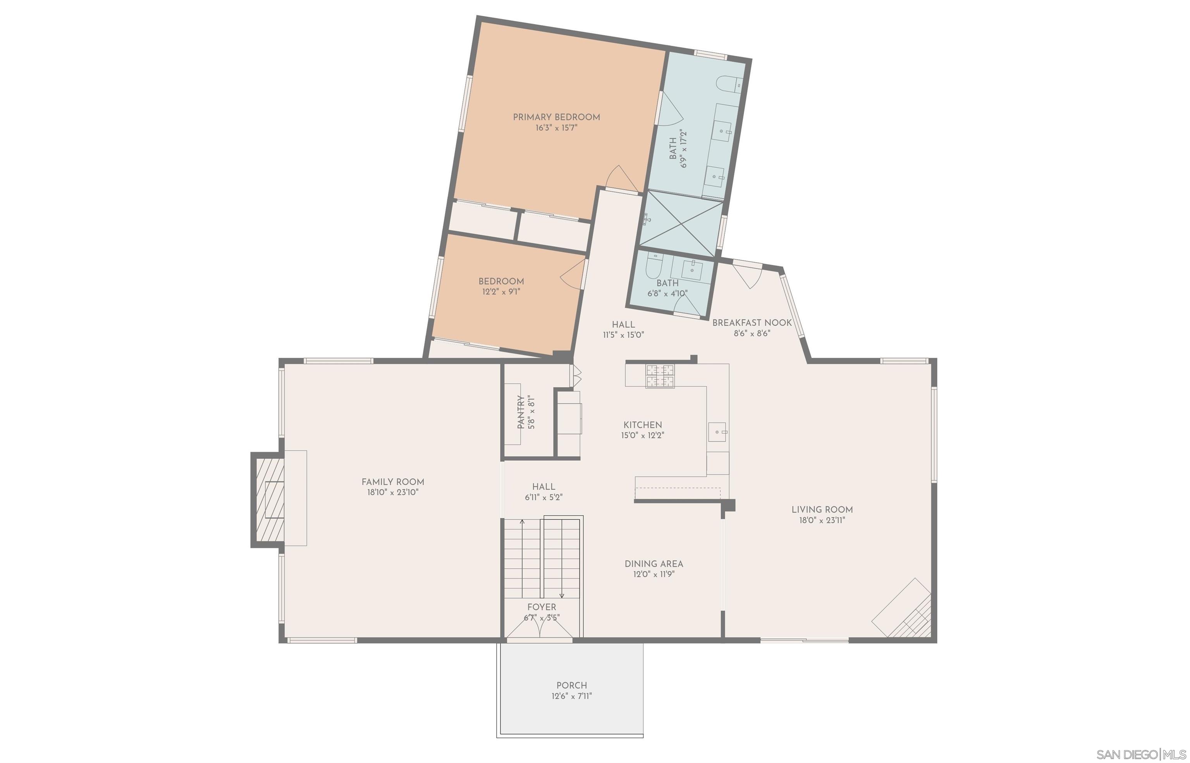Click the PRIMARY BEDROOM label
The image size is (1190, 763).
pyautogui.click(x=556, y=117)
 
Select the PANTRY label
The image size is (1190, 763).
pyautogui.click(x=521, y=412)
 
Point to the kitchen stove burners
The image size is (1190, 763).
pyautogui.click(x=660, y=376)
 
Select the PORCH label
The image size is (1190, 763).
pyautogui.click(x=572, y=685)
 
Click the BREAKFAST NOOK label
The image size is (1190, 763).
pyautogui.click(x=752, y=323)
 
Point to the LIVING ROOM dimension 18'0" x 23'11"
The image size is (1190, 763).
pyautogui.click(x=822, y=520)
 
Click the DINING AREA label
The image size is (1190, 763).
pyautogui.click(x=654, y=564)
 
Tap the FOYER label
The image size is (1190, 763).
pyautogui.click(x=542, y=607)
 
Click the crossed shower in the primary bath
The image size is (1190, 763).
pyautogui.click(x=682, y=224)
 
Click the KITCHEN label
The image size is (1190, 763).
pyautogui.click(x=643, y=424)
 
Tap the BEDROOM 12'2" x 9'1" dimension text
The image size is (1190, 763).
pyautogui.click(x=501, y=292)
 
